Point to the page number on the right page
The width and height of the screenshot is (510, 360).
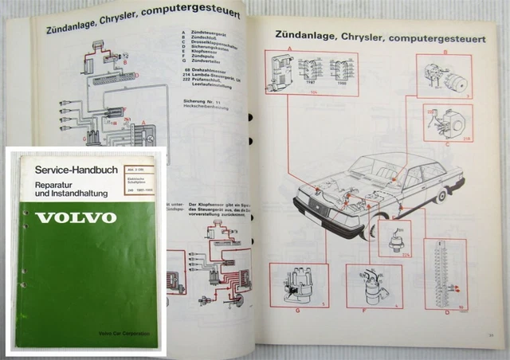492,322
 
